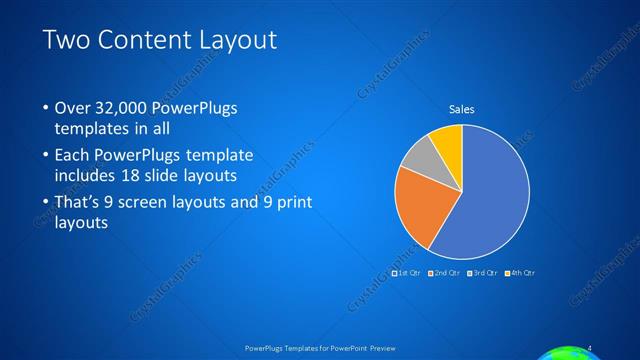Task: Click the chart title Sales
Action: pyautogui.click(x=461, y=109)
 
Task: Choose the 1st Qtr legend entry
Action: pyautogui.click(x=407, y=272)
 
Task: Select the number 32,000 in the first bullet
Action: pyautogui.click(x=120, y=108)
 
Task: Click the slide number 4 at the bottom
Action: pyautogui.click(x=590, y=347)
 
